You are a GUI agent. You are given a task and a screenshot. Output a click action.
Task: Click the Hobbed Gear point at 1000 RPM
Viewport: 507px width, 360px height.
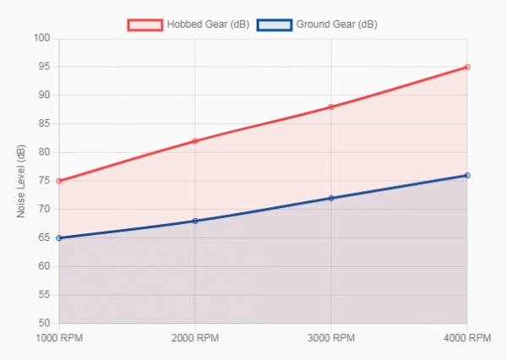pos(59,181)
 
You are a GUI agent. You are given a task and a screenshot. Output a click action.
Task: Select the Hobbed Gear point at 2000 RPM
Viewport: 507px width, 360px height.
pos(195,141)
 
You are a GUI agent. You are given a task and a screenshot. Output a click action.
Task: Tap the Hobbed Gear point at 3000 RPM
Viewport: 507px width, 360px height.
pos(331,106)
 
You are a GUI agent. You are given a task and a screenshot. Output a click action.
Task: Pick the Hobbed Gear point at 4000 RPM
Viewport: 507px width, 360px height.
pos(467,67)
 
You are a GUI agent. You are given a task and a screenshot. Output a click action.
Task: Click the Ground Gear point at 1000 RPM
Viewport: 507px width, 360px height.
pos(59,238)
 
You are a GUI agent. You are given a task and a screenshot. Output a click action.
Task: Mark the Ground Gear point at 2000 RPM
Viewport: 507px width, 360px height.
pos(195,221)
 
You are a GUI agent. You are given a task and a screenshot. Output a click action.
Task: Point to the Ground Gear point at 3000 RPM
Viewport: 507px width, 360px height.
pos(331,198)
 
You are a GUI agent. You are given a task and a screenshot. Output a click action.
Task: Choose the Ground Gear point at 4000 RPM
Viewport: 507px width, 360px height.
pos(467,175)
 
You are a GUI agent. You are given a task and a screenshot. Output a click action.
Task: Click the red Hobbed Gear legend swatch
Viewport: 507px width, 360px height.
pos(144,25)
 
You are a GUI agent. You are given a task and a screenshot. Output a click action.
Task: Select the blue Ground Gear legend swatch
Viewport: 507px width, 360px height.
pos(275,25)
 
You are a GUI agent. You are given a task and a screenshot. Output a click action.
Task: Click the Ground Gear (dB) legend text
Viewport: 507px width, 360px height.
pos(337,25)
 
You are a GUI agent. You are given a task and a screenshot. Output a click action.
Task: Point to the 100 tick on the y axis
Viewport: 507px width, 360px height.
pos(43,38)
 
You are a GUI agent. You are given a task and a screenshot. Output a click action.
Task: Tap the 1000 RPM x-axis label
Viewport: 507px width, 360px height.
pos(59,338)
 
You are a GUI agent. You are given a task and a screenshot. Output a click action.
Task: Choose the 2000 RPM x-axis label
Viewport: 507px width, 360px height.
pos(195,338)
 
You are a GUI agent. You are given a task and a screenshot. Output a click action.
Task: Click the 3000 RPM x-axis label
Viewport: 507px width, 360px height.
pos(331,338)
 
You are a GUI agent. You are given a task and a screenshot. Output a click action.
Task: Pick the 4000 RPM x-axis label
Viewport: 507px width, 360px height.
pos(467,338)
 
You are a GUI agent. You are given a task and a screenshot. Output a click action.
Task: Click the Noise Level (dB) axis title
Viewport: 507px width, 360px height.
pos(22,181)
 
